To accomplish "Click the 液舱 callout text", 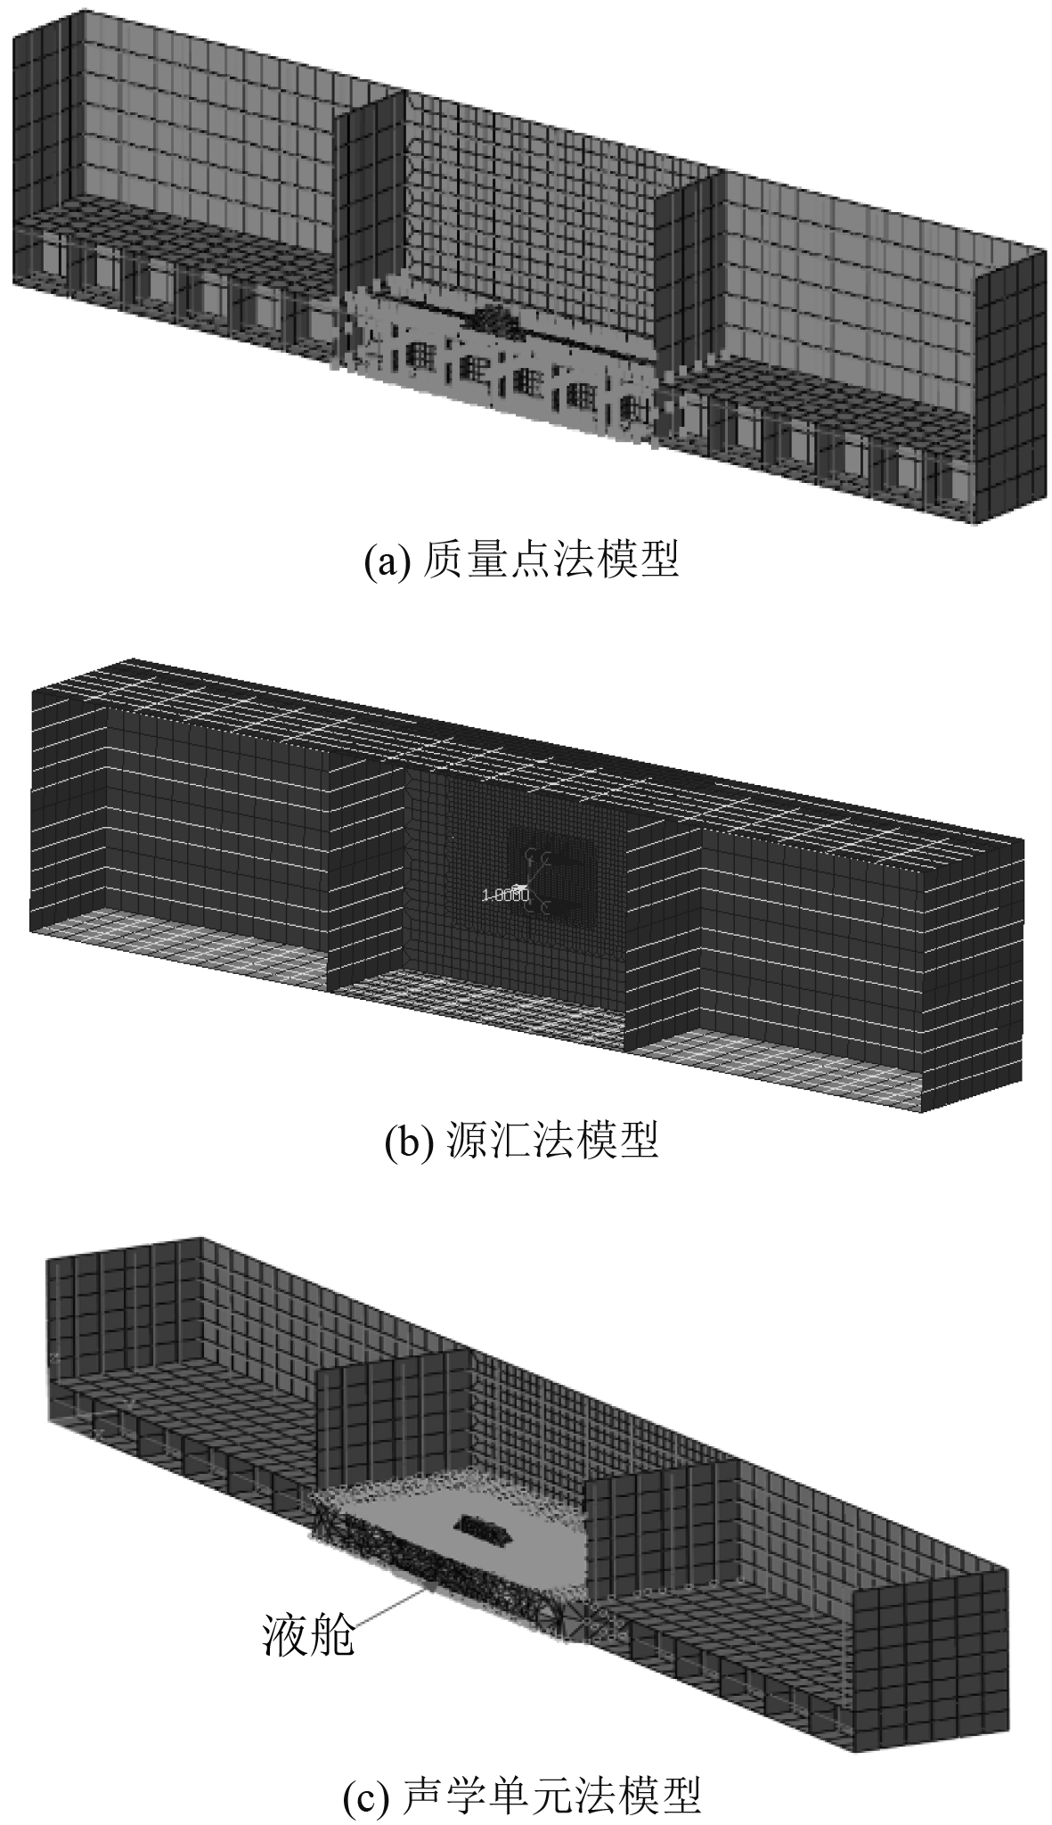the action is [x=308, y=1636].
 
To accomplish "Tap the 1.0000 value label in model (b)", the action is [x=505, y=895].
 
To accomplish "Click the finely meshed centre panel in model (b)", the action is [x=517, y=882].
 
